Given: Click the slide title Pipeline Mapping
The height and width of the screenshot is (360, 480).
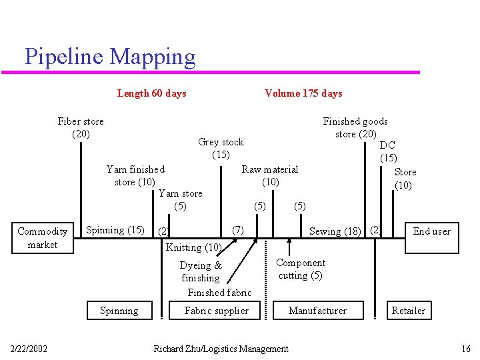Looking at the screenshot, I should tap(110, 57).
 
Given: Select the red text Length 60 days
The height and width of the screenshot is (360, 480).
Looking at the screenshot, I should tap(151, 93).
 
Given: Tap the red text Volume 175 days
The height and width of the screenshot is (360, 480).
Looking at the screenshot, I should tap(303, 93).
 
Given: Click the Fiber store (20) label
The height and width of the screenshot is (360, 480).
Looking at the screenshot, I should tap(81, 127).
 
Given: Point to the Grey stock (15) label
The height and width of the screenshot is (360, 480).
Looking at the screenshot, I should tap(221, 148).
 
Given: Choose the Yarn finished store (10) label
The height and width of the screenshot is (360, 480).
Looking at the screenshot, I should tap(135, 175).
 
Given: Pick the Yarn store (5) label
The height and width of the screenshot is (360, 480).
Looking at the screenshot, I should tap(180, 199).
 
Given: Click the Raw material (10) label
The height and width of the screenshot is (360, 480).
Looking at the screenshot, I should tap(269, 175).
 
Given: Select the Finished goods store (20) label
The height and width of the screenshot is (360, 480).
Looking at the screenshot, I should tap(355, 127).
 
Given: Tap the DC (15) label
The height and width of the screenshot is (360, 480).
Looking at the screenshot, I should tap(387, 151).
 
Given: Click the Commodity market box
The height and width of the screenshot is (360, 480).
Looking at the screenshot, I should tap(42, 238).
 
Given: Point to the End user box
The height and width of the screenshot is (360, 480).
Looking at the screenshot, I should tap(431, 231).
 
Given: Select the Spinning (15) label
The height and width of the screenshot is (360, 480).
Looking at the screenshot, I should tap(115, 230).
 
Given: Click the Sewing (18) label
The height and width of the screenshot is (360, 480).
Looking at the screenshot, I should tap(335, 231).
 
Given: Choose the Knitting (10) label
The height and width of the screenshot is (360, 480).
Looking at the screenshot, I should tap(193, 247).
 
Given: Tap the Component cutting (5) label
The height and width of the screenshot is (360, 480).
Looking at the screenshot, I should tap(301, 269).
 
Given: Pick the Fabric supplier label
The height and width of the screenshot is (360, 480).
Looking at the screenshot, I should tap(216, 311).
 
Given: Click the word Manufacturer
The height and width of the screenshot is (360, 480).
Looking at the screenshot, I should tap(317, 311).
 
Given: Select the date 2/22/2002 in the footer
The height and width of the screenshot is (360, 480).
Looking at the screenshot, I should tap(29, 349).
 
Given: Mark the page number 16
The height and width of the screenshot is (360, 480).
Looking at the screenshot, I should tap(465, 349).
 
